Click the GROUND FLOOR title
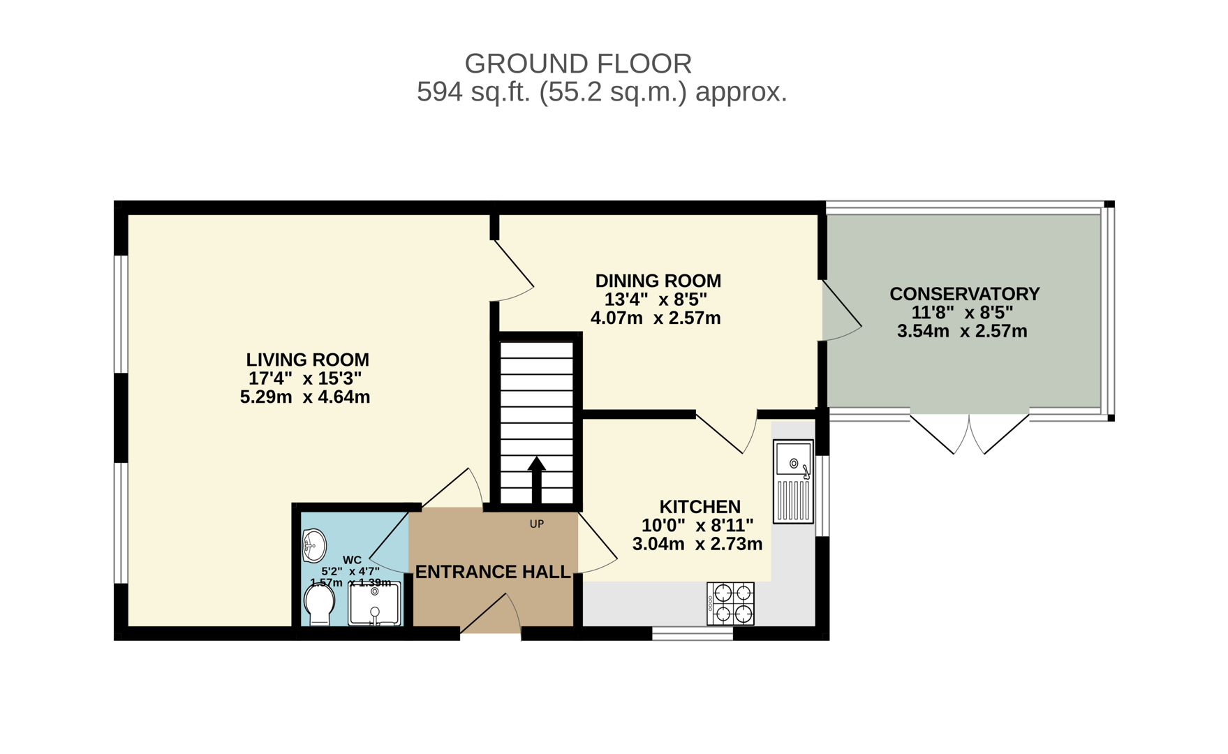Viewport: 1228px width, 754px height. (578, 64)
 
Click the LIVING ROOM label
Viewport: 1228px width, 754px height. (307, 360)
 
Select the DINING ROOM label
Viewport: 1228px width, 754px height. (658, 281)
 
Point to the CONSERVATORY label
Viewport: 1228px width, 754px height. (964, 294)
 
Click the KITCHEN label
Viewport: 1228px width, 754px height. (700, 507)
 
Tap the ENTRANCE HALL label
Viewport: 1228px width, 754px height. (493, 572)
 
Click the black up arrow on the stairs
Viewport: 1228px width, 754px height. (536, 480)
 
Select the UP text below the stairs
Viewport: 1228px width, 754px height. (536, 524)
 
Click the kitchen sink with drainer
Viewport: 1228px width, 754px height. (793, 482)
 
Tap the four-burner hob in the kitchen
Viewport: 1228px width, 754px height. (730, 603)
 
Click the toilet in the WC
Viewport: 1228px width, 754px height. (320, 604)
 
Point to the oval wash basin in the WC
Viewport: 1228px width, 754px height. (314, 545)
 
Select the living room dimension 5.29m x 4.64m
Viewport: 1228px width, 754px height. (305, 397)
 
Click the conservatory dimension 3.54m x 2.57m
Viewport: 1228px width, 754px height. (962, 331)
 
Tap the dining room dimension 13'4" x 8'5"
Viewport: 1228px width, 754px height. (656, 300)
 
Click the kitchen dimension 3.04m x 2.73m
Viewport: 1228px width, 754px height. (697, 544)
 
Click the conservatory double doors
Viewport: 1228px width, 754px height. (969, 433)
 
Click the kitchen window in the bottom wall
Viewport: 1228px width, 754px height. (693, 633)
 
